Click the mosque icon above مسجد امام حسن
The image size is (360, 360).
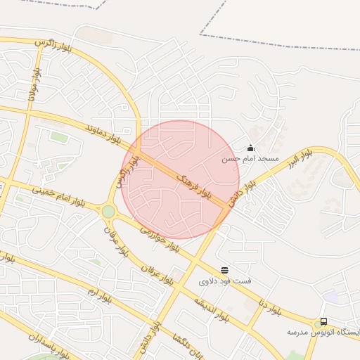[250, 148]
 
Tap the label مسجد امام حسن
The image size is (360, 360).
[250, 159]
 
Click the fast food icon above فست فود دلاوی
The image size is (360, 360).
[224, 270]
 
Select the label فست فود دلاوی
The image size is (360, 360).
[224, 282]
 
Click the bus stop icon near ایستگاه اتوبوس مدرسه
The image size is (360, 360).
[323, 321]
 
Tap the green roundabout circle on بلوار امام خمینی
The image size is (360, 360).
[108, 211]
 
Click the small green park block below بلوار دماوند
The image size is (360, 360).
[59, 137]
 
